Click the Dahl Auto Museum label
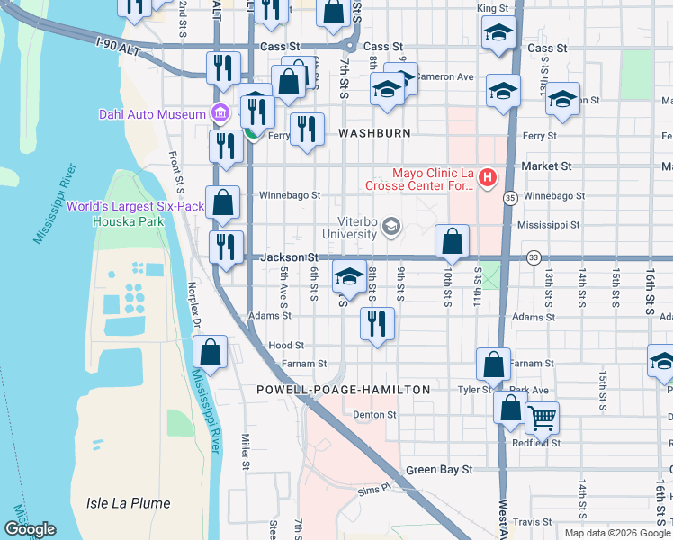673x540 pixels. tap(151, 113)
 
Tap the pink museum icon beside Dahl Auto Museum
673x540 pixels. tap(218, 113)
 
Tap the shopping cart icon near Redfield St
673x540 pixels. tap(542, 417)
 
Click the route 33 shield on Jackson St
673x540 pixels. tap(534, 257)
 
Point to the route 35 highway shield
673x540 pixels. tap(510, 197)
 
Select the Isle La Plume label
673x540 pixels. tap(128, 503)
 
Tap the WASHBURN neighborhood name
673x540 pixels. tap(374, 132)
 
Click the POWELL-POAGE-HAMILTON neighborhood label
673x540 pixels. tap(344, 390)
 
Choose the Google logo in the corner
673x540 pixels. tap(30, 529)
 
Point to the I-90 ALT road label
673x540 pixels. tap(118, 42)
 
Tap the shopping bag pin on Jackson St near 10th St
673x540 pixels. tap(452, 241)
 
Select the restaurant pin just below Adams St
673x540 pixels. tap(377, 323)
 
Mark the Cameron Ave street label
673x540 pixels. tap(447, 77)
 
